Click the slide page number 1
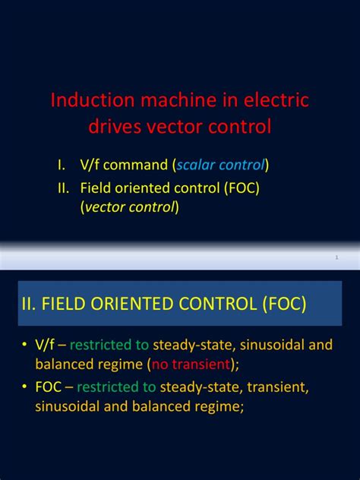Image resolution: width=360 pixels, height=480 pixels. pyautogui.click(x=336, y=259)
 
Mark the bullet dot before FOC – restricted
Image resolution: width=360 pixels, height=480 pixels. pyautogui.click(x=24, y=387)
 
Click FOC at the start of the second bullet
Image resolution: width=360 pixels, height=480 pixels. pyautogui.click(x=47, y=387)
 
